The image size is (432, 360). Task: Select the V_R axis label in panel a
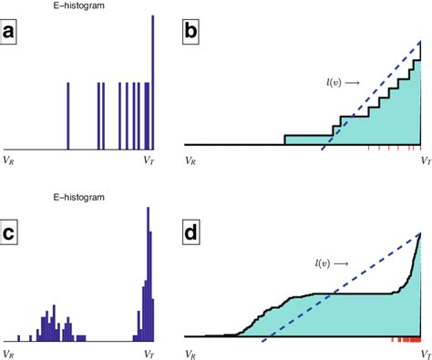click(x=10, y=159)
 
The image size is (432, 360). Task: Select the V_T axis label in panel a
click(x=149, y=159)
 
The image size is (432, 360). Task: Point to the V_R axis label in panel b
click(x=190, y=159)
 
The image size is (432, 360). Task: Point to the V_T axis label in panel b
click(x=424, y=159)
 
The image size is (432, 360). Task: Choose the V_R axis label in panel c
click(x=10, y=352)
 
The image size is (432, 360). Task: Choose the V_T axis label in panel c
click(x=149, y=352)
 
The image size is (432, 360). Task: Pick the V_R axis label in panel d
click(x=190, y=352)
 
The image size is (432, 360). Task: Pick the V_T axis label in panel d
click(x=424, y=352)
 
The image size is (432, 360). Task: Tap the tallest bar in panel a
click(x=152, y=82)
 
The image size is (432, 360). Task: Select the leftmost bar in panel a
click(x=67, y=116)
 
